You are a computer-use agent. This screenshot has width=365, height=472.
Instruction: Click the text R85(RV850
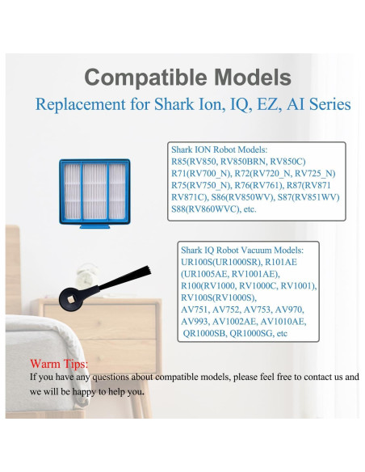[195, 161]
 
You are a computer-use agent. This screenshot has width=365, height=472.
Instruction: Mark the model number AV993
[195, 320]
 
